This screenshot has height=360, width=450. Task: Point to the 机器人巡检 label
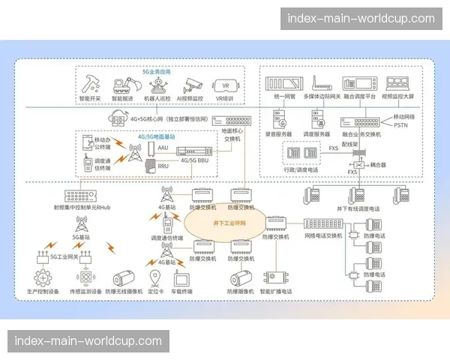[x=157, y=98]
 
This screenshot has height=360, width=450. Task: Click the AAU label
[x=163, y=147]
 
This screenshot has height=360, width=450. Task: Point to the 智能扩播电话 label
[x=276, y=291]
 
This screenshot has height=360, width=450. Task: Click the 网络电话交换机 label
[x=323, y=235]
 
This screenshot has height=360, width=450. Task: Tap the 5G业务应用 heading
[x=157, y=72]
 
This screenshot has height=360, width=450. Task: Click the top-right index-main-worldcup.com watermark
[x=355, y=18]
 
